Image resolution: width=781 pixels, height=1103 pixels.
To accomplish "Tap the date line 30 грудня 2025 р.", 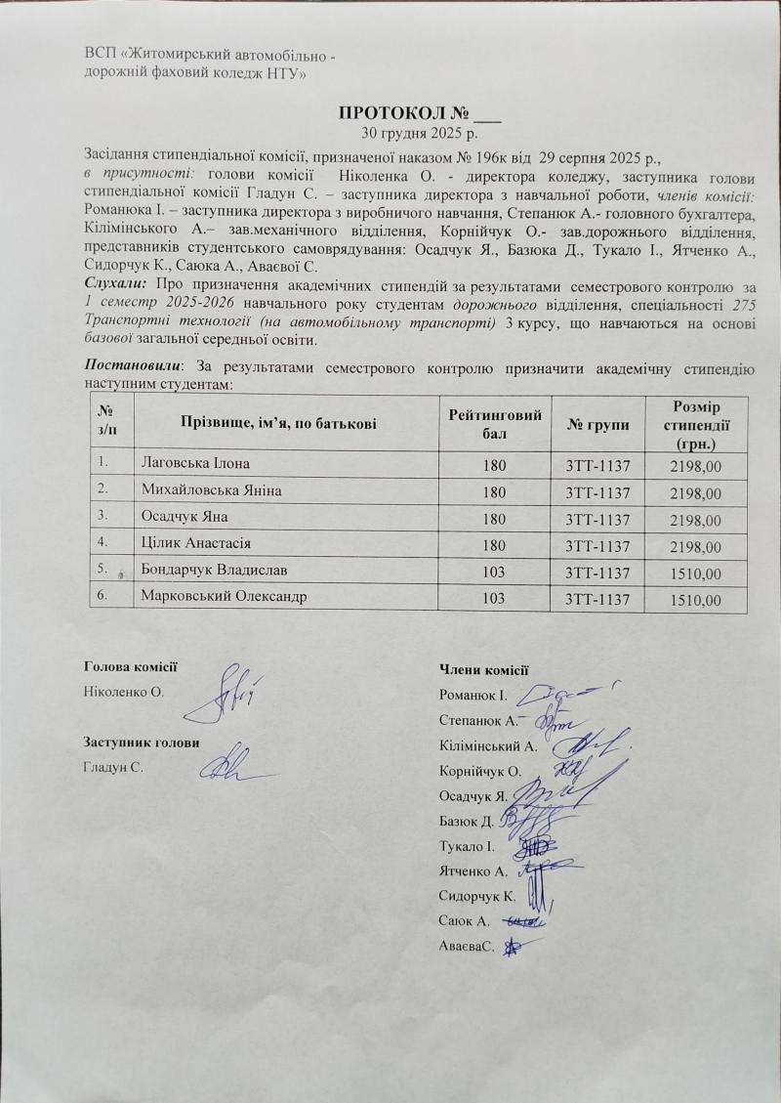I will pyautogui.click(x=419, y=132).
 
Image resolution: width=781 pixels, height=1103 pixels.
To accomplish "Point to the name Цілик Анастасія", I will pyautogui.click(x=203, y=542).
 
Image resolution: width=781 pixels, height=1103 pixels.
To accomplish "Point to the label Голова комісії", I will pyautogui.click(x=131, y=667).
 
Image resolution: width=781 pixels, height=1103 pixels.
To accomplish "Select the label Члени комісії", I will pyautogui.click(x=483, y=669).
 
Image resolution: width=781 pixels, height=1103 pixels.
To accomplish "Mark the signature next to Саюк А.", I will pyautogui.click(x=525, y=920).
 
